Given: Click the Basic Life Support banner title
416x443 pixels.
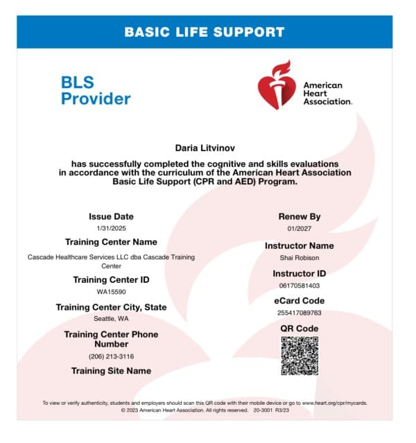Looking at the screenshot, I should pos(204,32).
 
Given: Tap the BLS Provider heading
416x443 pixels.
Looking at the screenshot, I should pos(96,90).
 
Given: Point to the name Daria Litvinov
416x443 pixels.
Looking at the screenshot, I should pos(203,147).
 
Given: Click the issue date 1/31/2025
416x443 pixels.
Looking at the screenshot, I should pos(111,228).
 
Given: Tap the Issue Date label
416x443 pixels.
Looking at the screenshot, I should pos(111,216).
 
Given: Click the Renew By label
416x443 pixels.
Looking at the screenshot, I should pos(299,216).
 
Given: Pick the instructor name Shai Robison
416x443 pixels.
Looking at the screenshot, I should pos(299,258).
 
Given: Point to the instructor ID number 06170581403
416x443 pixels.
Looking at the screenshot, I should pos(299,285).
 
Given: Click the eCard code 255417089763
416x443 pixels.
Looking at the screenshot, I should pos(299,313).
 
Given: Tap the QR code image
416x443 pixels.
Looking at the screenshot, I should pos(299,356).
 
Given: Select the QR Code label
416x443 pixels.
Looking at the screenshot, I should pos(299,328).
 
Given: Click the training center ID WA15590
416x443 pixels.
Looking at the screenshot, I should pos(111,292).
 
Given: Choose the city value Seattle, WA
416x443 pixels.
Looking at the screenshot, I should pos(111,319).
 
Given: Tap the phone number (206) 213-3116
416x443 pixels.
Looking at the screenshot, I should pos(111,356).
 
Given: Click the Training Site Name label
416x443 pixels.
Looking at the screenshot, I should pos(111,371).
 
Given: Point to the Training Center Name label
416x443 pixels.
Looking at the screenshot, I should pos(111,242).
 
